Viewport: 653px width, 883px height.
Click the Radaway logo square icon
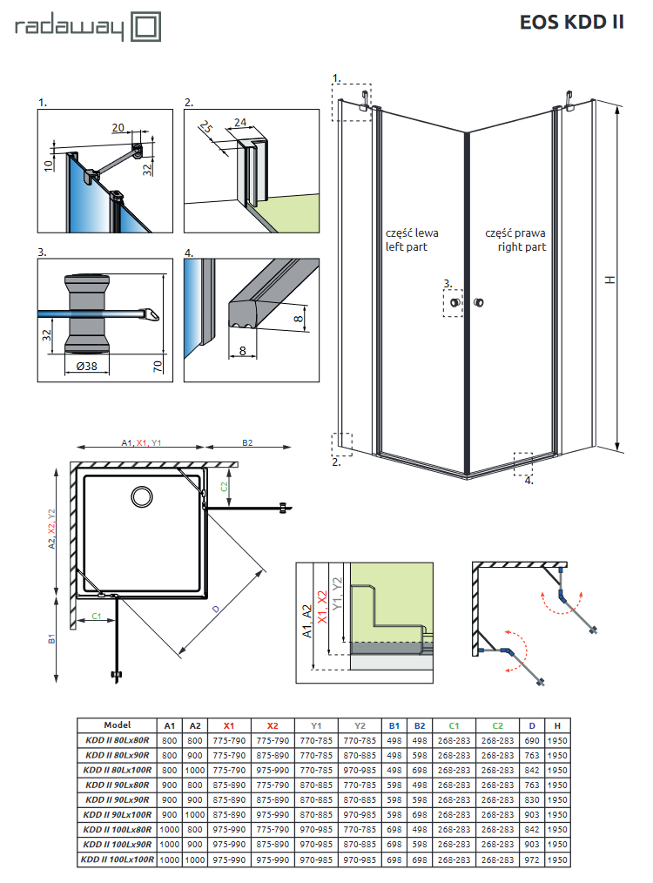tap(146, 26)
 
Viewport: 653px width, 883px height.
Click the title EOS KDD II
tap(571, 23)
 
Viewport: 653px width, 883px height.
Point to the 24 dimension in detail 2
tap(240, 121)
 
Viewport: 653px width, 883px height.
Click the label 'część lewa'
tap(412, 233)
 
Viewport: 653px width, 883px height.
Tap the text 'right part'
tap(522, 246)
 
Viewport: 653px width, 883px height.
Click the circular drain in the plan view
tap(140, 497)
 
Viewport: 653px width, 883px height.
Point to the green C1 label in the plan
tap(97, 617)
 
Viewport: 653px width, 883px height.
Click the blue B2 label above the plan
tap(247, 443)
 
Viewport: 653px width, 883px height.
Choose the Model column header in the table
tap(117, 725)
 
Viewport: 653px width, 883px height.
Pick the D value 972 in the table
tap(532, 859)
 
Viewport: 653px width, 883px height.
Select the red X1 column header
tap(229, 725)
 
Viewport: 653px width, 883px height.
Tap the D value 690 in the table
tap(532, 741)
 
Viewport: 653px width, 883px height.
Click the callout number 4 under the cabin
tap(528, 479)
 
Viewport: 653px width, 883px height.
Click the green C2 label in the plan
tap(224, 484)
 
